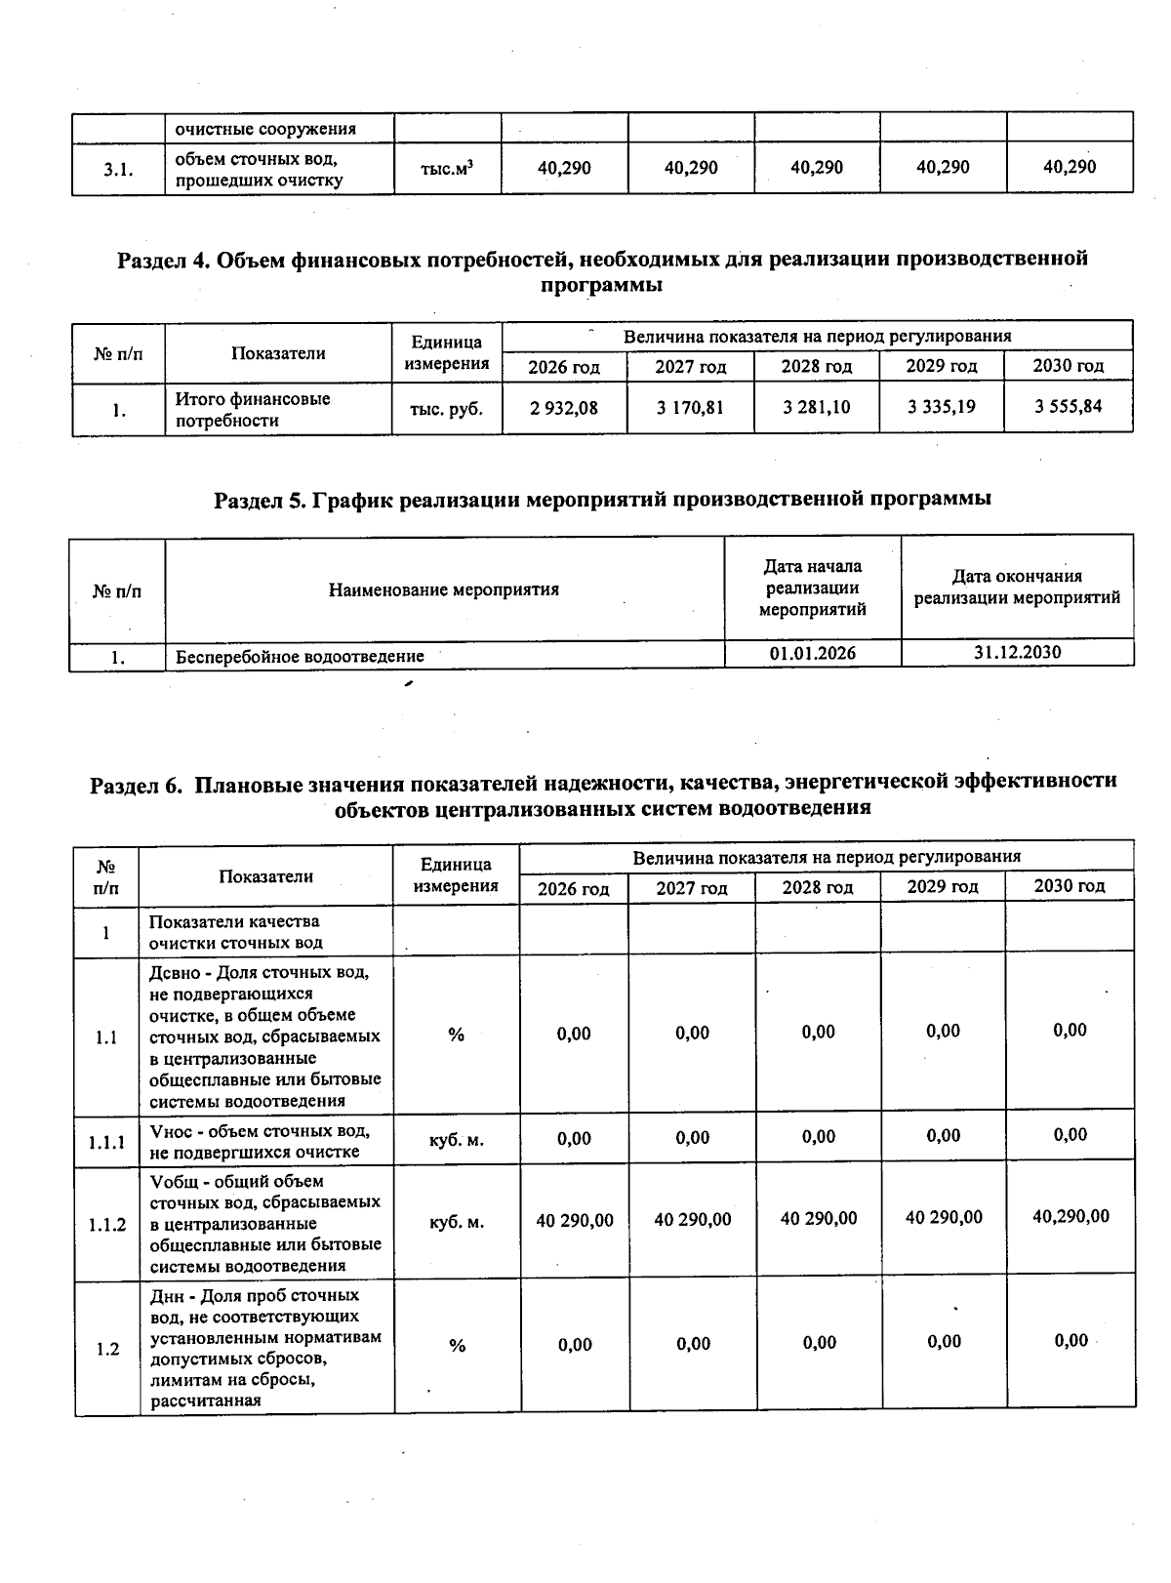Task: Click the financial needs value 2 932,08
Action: pyautogui.click(x=564, y=408)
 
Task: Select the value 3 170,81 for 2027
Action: pyautogui.click(x=690, y=408)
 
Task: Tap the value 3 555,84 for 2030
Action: pyautogui.click(x=1069, y=406)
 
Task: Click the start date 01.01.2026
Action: pyautogui.click(x=812, y=653)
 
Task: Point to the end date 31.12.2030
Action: pyautogui.click(x=1017, y=652)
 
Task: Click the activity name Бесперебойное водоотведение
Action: pyautogui.click(x=300, y=657)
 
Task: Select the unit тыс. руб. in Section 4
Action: pyautogui.click(x=447, y=409)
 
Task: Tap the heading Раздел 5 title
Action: pyautogui.click(x=602, y=499)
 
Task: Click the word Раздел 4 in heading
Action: pyautogui.click(x=162, y=260)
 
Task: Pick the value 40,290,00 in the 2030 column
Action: pyautogui.click(x=1070, y=1216)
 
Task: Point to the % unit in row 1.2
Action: pyautogui.click(x=457, y=1346)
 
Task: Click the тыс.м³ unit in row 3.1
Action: pyautogui.click(x=447, y=168)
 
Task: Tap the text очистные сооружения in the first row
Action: pyautogui.click(x=265, y=129)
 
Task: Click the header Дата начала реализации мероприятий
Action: pyautogui.click(x=812, y=589)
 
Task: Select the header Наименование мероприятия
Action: pyautogui.click(x=444, y=589)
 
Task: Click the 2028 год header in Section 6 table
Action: pyautogui.click(x=817, y=887)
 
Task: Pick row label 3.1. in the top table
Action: pyautogui.click(x=118, y=170)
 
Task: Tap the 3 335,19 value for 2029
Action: pyautogui.click(x=941, y=407)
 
